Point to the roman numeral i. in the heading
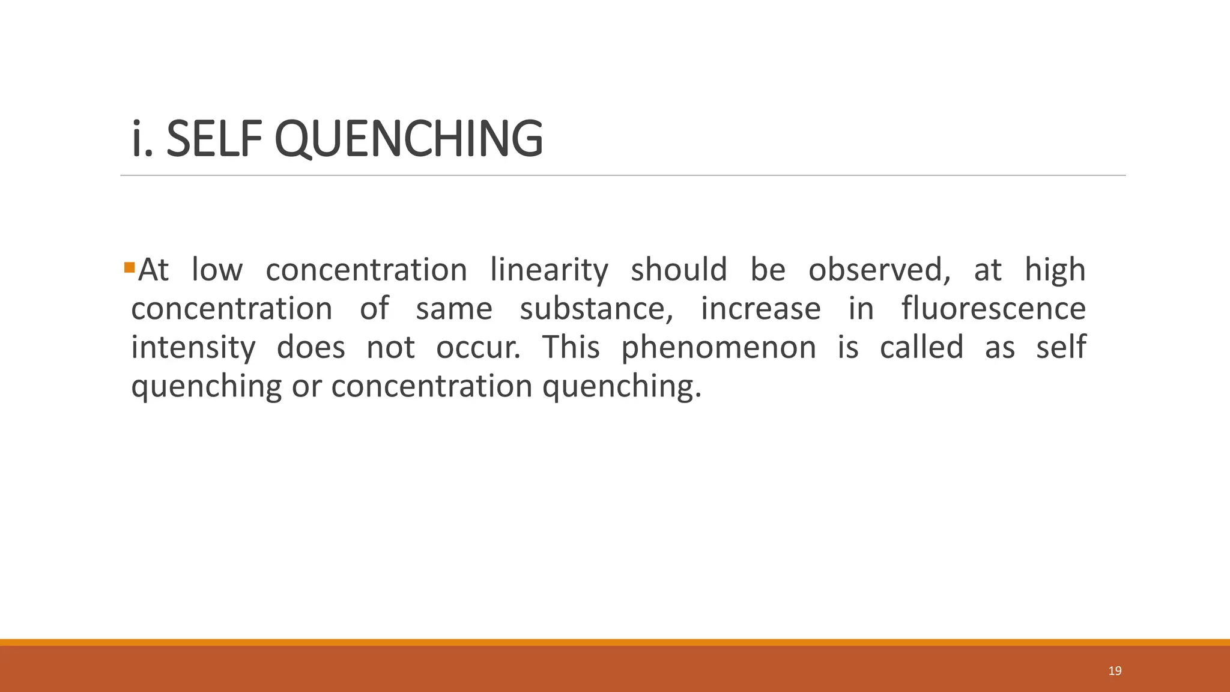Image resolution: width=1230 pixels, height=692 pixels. pos(141,139)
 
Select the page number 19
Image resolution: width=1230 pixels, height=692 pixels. pos(1115,671)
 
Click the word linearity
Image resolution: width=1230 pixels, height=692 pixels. pos(549,270)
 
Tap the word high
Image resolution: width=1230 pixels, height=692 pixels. pos(1055,270)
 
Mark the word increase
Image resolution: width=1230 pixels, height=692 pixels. pos(760,309)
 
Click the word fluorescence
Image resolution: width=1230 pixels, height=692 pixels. pos(993,309)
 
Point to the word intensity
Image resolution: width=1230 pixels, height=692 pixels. pos(193,348)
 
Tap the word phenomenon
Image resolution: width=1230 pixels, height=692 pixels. pos(718,348)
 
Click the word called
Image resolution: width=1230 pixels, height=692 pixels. pos(921,347)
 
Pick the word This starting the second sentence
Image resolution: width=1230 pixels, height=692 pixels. pos(571,347)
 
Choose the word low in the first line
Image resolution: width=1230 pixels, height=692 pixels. pos(217,270)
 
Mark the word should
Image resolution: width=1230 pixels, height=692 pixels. pos(679,270)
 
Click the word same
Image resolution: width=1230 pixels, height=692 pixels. pos(454,309)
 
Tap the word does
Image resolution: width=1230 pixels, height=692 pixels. pos(311,347)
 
